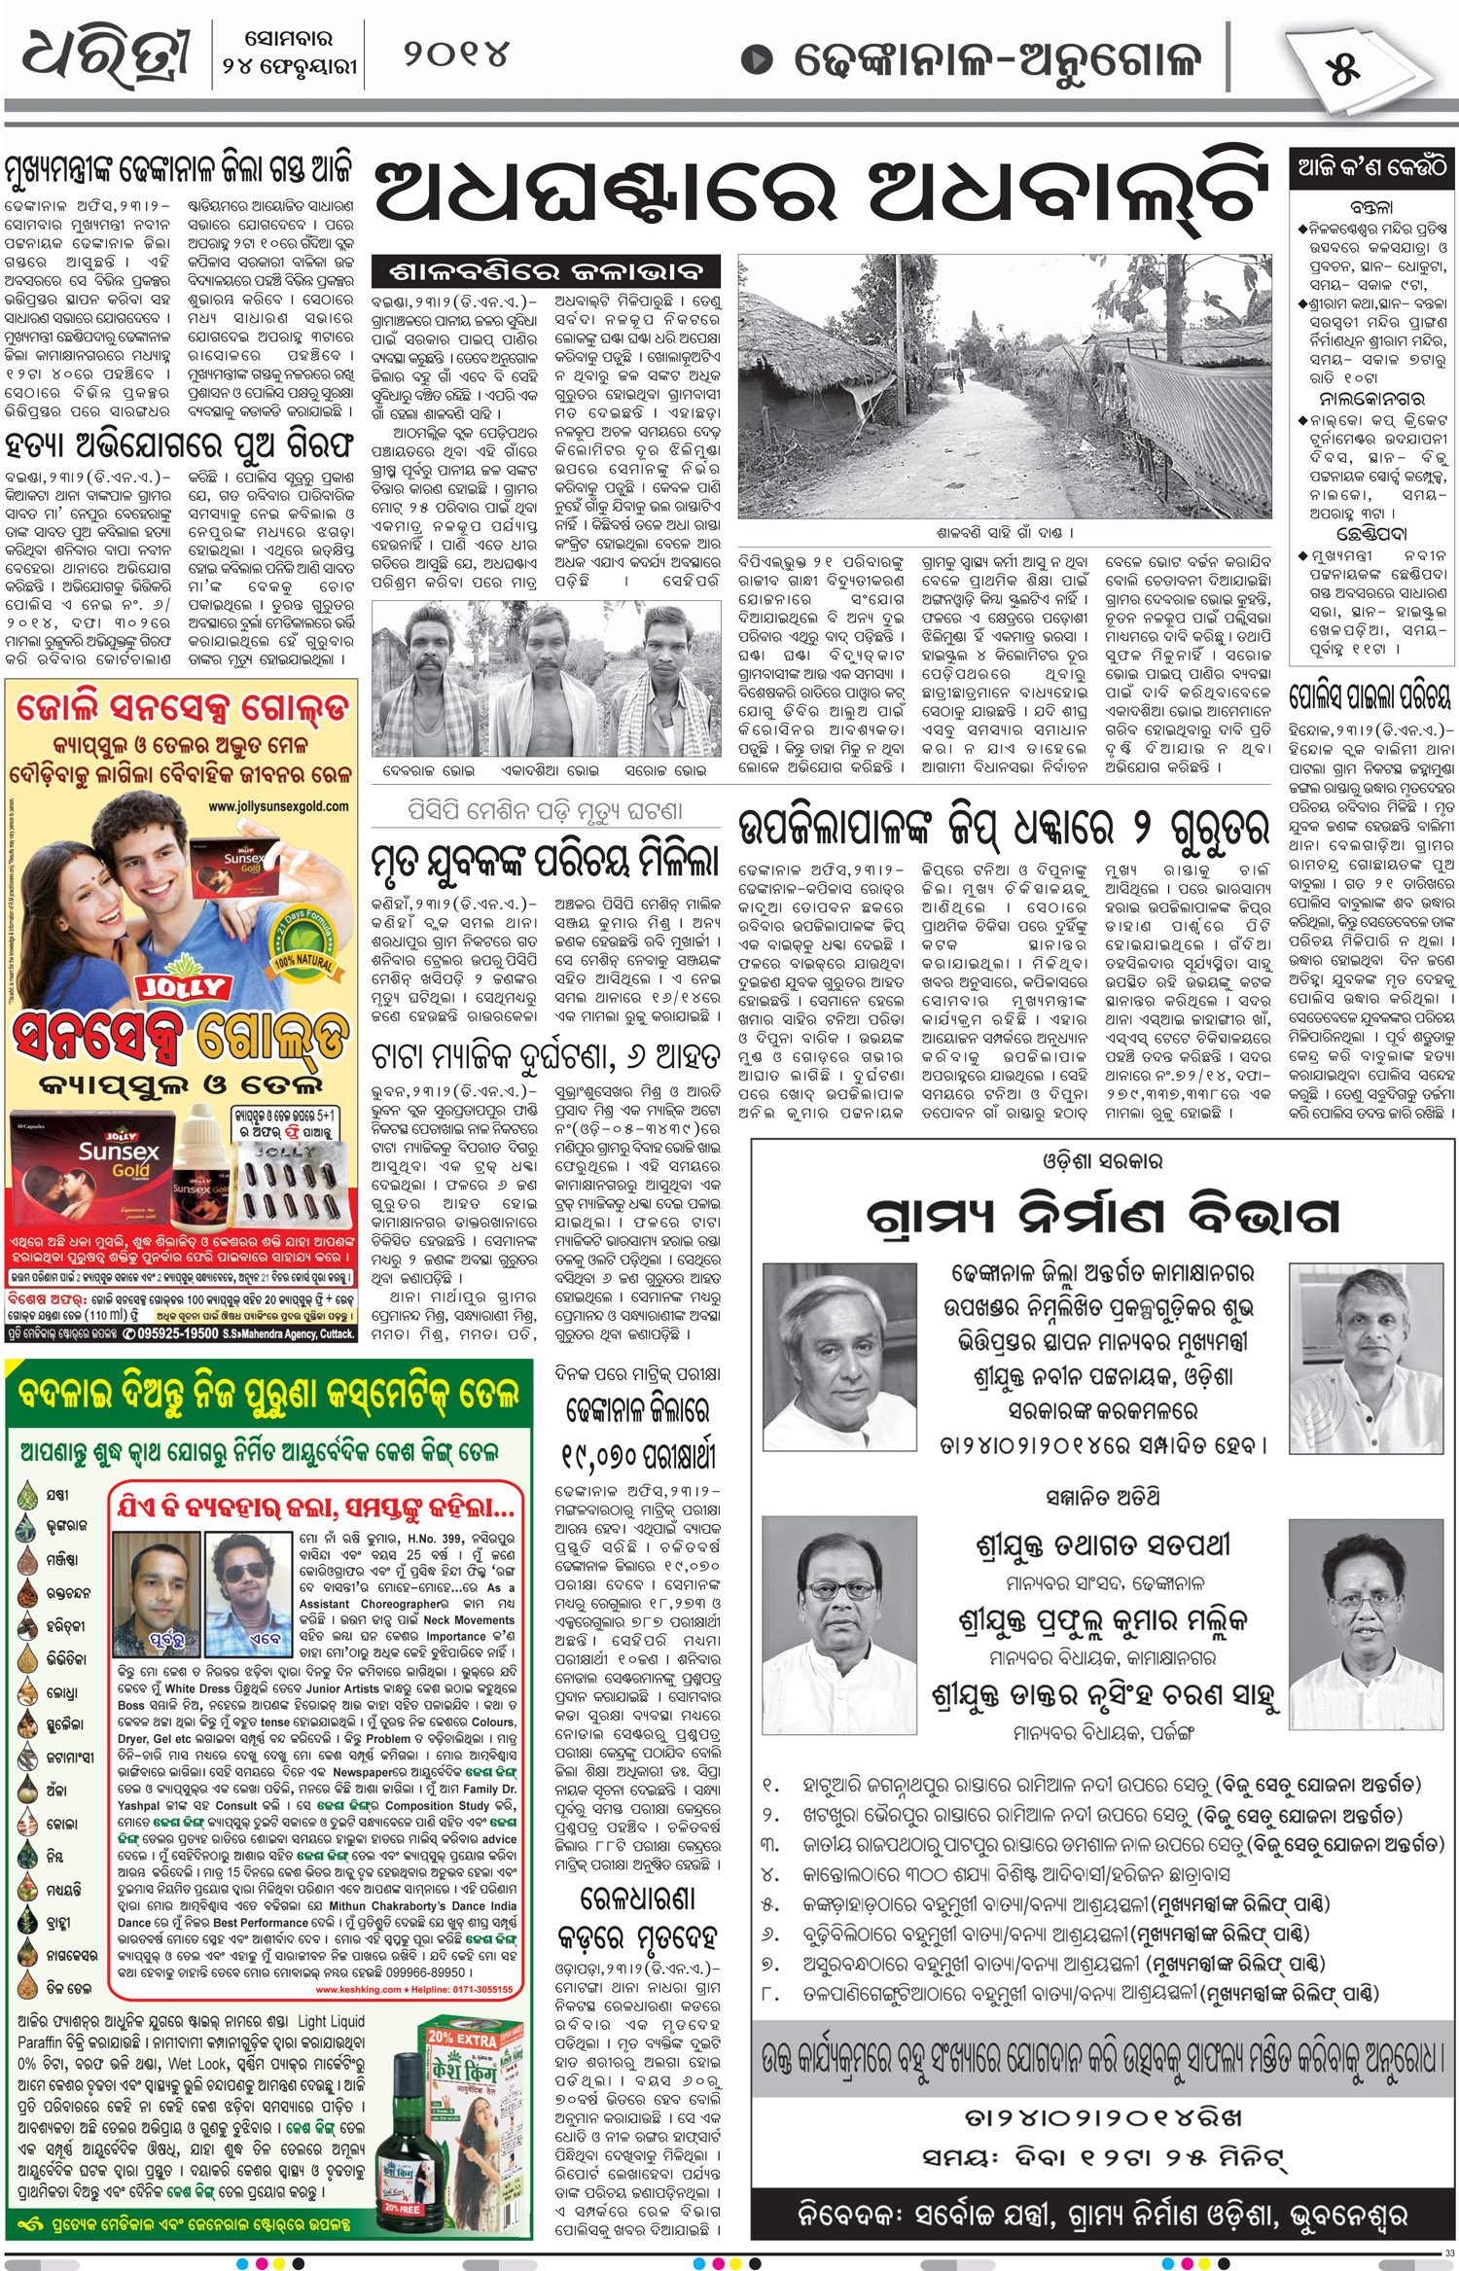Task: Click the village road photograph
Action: [1004, 387]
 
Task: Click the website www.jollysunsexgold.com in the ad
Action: [277, 806]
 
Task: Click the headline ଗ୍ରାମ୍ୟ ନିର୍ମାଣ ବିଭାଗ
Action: [1102, 1216]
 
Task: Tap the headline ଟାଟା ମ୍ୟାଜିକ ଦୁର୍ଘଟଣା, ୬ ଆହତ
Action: [546, 1055]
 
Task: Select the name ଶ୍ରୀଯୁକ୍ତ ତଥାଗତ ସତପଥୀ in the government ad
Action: [1102, 1544]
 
